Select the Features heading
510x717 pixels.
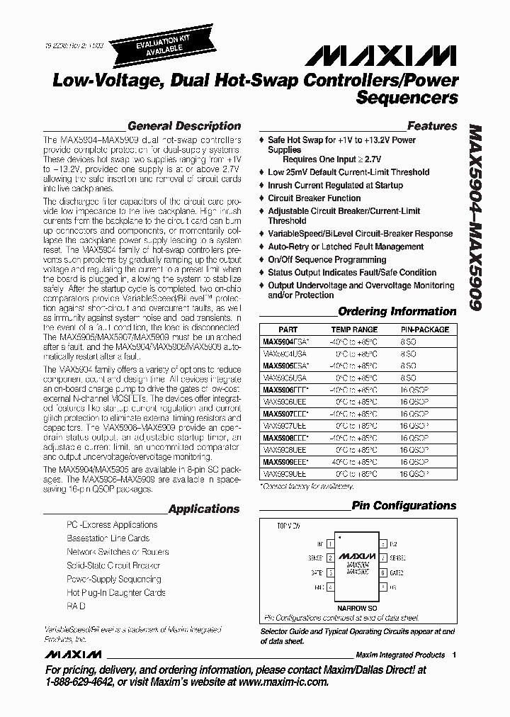click(432, 126)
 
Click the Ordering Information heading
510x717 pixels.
click(397, 311)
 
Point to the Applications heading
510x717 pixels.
click(204, 509)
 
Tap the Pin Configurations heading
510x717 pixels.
click(404, 506)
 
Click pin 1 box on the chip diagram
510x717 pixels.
click(330, 543)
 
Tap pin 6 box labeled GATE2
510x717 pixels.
click(382, 572)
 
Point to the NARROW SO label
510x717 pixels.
click(356, 607)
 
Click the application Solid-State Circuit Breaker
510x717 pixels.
click(113, 565)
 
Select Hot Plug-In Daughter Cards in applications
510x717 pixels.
click(115, 592)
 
